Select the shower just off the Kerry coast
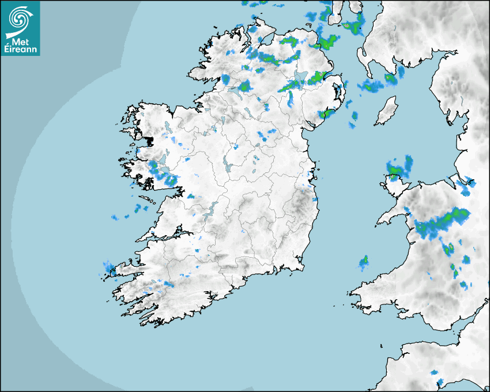[109, 267]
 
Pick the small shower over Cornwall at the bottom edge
[440, 382]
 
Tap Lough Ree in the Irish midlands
[227, 164]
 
